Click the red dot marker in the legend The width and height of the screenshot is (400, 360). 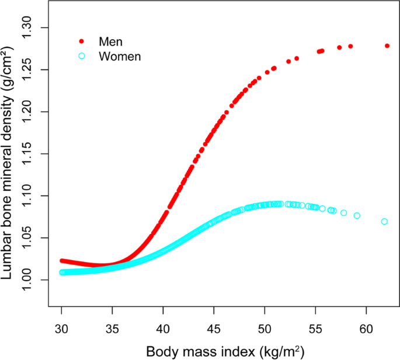pos(82,41)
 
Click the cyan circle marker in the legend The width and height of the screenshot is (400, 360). pos(82,56)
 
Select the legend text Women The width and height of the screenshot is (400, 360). pos(120,56)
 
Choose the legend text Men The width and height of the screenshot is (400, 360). pos(112,41)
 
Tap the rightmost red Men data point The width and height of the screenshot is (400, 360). pos(387,46)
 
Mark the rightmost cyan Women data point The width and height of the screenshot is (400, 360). pos(384,222)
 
